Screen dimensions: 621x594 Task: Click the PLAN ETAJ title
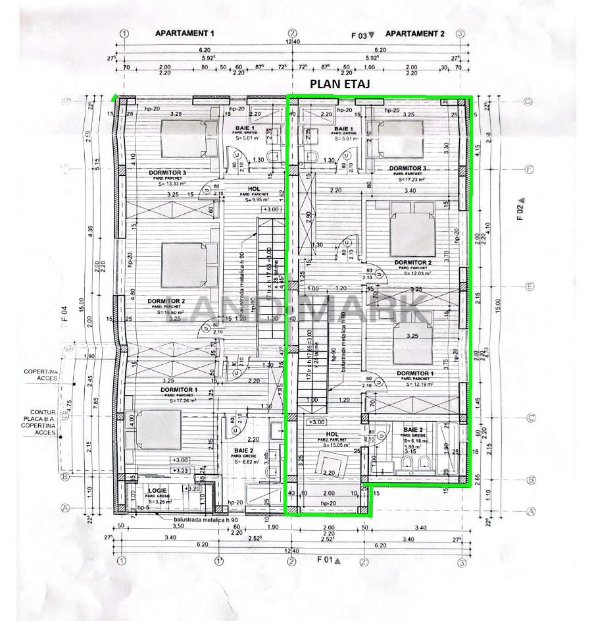[340, 84]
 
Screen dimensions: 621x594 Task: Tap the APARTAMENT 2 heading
[414, 33]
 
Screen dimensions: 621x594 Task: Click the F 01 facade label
[327, 560]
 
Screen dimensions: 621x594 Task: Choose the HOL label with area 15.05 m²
[332, 435]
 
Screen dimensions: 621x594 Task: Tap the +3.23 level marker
[180, 471]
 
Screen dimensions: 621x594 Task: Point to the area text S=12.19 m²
[415, 384]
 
